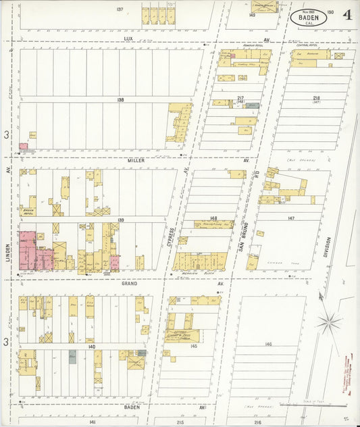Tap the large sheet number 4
(x=346, y=15)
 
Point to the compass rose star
(x=329, y=318)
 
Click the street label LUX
(x=128, y=39)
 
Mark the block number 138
(x=120, y=100)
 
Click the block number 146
(x=268, y=345)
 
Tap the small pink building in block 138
(x=24, y=146)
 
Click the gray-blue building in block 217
(x=251, y=105)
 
